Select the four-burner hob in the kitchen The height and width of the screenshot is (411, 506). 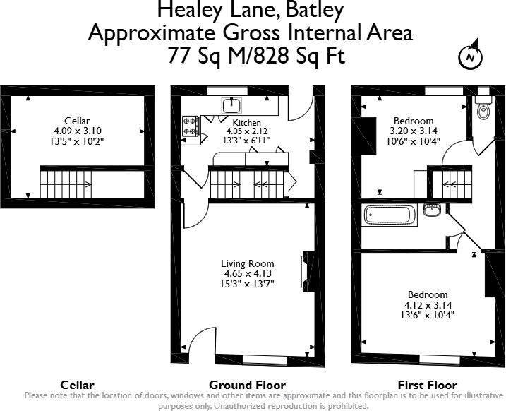point(191,126)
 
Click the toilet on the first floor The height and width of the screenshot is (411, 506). point(483,111)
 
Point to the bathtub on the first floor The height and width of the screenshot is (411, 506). point(390,215)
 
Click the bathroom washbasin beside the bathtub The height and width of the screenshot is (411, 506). point(432,210)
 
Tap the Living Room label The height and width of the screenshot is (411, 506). point(247,263)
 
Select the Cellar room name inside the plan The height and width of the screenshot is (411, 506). point(77,121)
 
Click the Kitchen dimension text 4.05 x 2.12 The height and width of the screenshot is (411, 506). point(247,131)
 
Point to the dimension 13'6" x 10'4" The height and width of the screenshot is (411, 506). point(427,314)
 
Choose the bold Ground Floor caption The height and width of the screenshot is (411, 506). point(247,385)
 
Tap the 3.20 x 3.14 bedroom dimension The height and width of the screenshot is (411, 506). point(413,131)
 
